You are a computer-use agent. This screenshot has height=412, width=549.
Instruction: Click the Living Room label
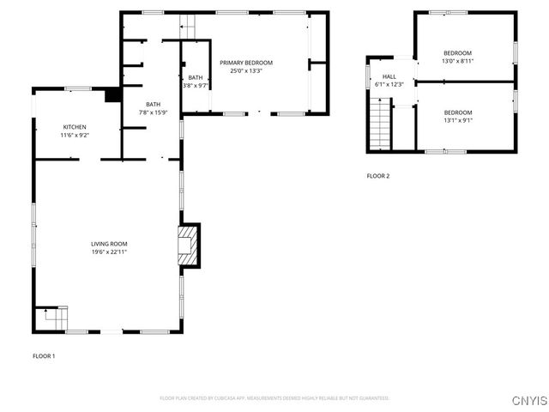pyautogui.click(x=109, y=245)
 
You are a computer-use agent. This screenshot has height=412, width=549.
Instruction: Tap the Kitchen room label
pyautogui.click(x=74, y=127)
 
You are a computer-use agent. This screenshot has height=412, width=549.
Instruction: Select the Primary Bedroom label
pyautogui.click(x=246, y=63)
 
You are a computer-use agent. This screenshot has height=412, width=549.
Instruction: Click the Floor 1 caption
pyautogui.click(x=44, y=355)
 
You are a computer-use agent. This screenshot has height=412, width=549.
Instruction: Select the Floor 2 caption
pyautogui.click(x=377, y=176)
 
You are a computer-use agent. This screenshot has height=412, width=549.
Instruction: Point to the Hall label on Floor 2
pyautogui.click(x=389, y=76)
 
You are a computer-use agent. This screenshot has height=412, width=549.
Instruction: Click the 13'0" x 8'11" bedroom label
pyautogui.click(x=457, y=61)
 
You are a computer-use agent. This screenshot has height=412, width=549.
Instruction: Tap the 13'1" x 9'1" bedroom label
pyautogui.click(x=457, y=120)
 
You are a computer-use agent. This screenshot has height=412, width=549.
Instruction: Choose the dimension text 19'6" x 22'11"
pyautogui.click(x=109, y=252)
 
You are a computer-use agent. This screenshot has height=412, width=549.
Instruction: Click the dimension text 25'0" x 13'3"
pyautogui.click(x=246, y=70)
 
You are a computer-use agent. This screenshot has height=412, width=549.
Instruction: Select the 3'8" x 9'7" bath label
pyautogui.click(x=196, y=85)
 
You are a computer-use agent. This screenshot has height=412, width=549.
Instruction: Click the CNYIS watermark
pyautogui.click(x=528, y=401)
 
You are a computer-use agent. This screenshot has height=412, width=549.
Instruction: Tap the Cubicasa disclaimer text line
pyautogui.click(x=274, y=398)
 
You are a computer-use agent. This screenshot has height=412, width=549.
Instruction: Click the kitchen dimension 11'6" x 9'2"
pyautogui.click(x=74, y=135)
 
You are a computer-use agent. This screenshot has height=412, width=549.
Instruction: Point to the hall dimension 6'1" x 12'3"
pyautogui.click(x=389, y=84)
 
